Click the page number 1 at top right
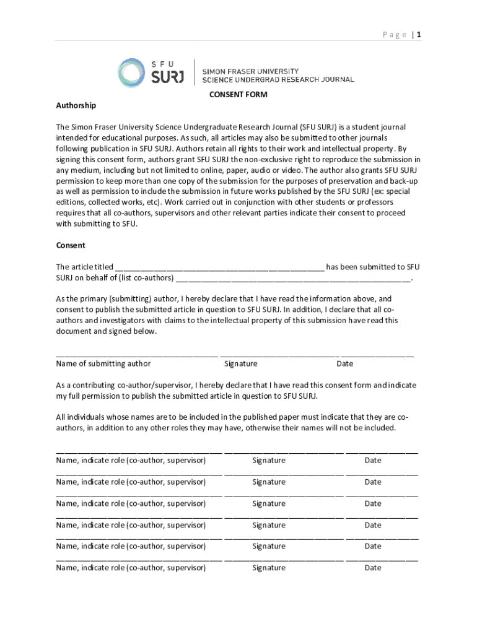(x=419, y=35)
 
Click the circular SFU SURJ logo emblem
(x=133, y=73)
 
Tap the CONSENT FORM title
(x=238, y=95)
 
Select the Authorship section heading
(x=76, y=105)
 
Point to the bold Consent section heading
(x=71, y=245)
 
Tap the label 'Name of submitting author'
(x=103, y=363)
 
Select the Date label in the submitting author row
(x=344, y=363)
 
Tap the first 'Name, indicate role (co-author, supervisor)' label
(x=131, y=460)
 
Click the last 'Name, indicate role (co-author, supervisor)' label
(x=131, y=567)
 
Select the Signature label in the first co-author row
(x=269, y=460)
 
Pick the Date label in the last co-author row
(x=373, y=567)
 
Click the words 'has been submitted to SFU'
(x=373, y=267)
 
